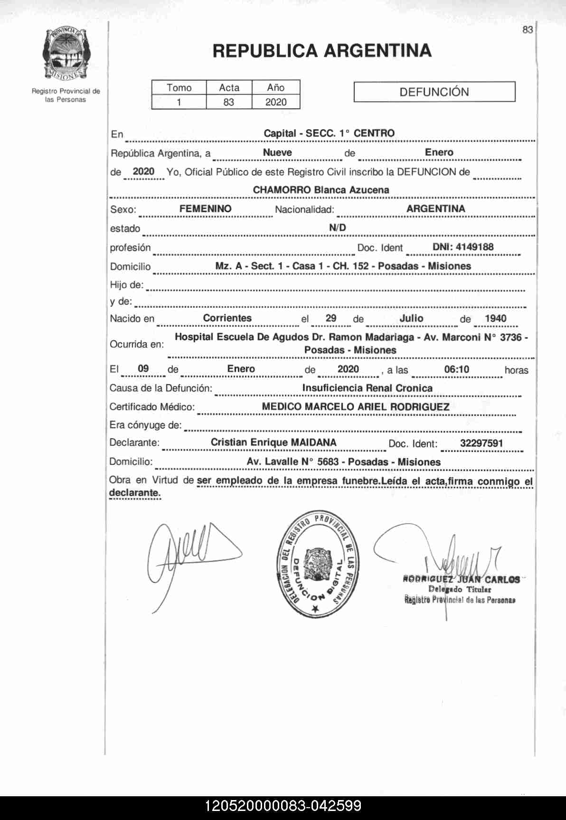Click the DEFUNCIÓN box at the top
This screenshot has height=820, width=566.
434,92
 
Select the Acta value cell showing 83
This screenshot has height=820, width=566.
229,102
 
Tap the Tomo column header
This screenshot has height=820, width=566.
179,87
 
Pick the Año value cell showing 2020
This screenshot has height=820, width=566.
276,102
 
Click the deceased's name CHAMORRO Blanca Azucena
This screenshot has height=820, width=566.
321,190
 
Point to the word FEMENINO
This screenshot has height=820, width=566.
205,209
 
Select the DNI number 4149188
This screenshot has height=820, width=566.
463,247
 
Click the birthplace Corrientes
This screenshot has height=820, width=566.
227,318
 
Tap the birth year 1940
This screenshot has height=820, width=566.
495,319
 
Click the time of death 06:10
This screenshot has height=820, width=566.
456,369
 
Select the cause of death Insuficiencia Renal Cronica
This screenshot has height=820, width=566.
367,388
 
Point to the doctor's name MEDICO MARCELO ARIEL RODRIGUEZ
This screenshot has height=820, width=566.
356,407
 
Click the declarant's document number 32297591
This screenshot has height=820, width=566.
481,443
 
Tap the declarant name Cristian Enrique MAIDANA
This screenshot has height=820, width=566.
274,443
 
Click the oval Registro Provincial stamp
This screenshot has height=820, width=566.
318,565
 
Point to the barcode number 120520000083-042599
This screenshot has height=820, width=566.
283,806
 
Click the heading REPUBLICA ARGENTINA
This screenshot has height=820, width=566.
322,51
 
